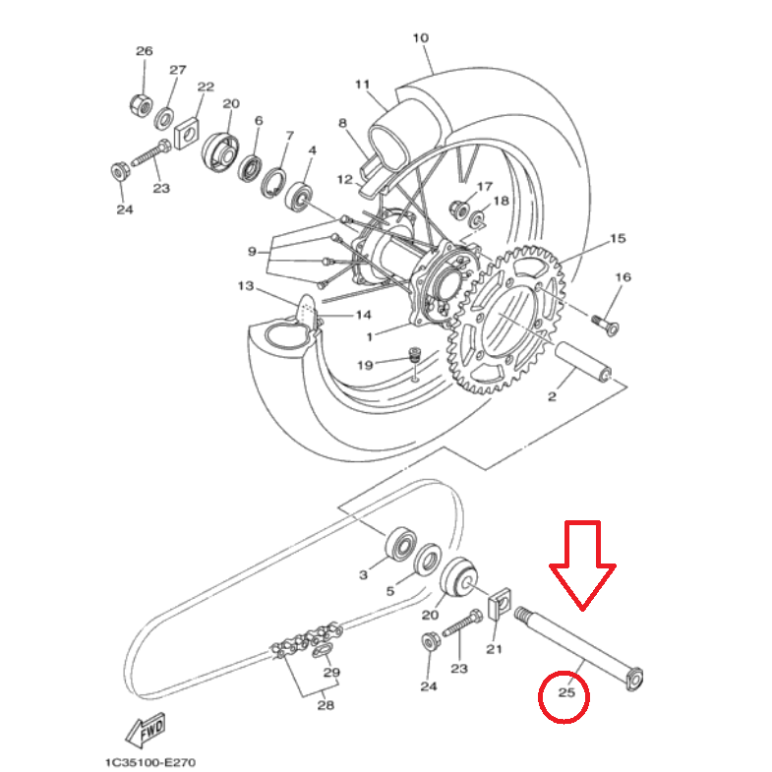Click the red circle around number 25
pos(540,696)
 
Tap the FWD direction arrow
pos(145,729)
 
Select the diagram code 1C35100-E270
pos(150,762)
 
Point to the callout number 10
pos(421,38)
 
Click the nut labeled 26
pos(141,104)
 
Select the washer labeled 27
pos(164,119)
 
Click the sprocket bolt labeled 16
pos(605,325)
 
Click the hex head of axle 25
pos(634,679)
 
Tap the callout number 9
pos(252,252)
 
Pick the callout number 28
pos(326,705)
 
